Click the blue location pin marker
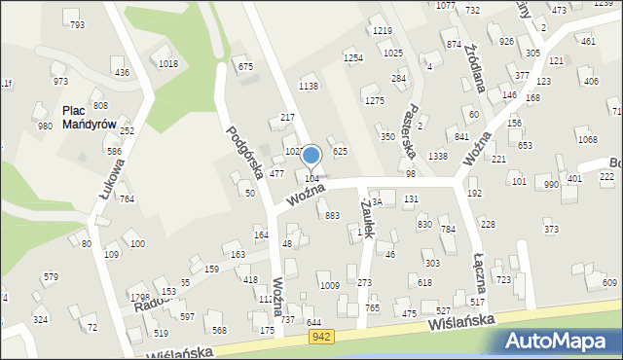point(311,156)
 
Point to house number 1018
point(168,64)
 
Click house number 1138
point(309,87)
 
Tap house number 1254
point(353,58)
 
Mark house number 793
point(77,24)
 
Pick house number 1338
point(438,157)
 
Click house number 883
point(332,215)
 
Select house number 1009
point(329,285)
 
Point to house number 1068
point(587,140)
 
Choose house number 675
point(246,66)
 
